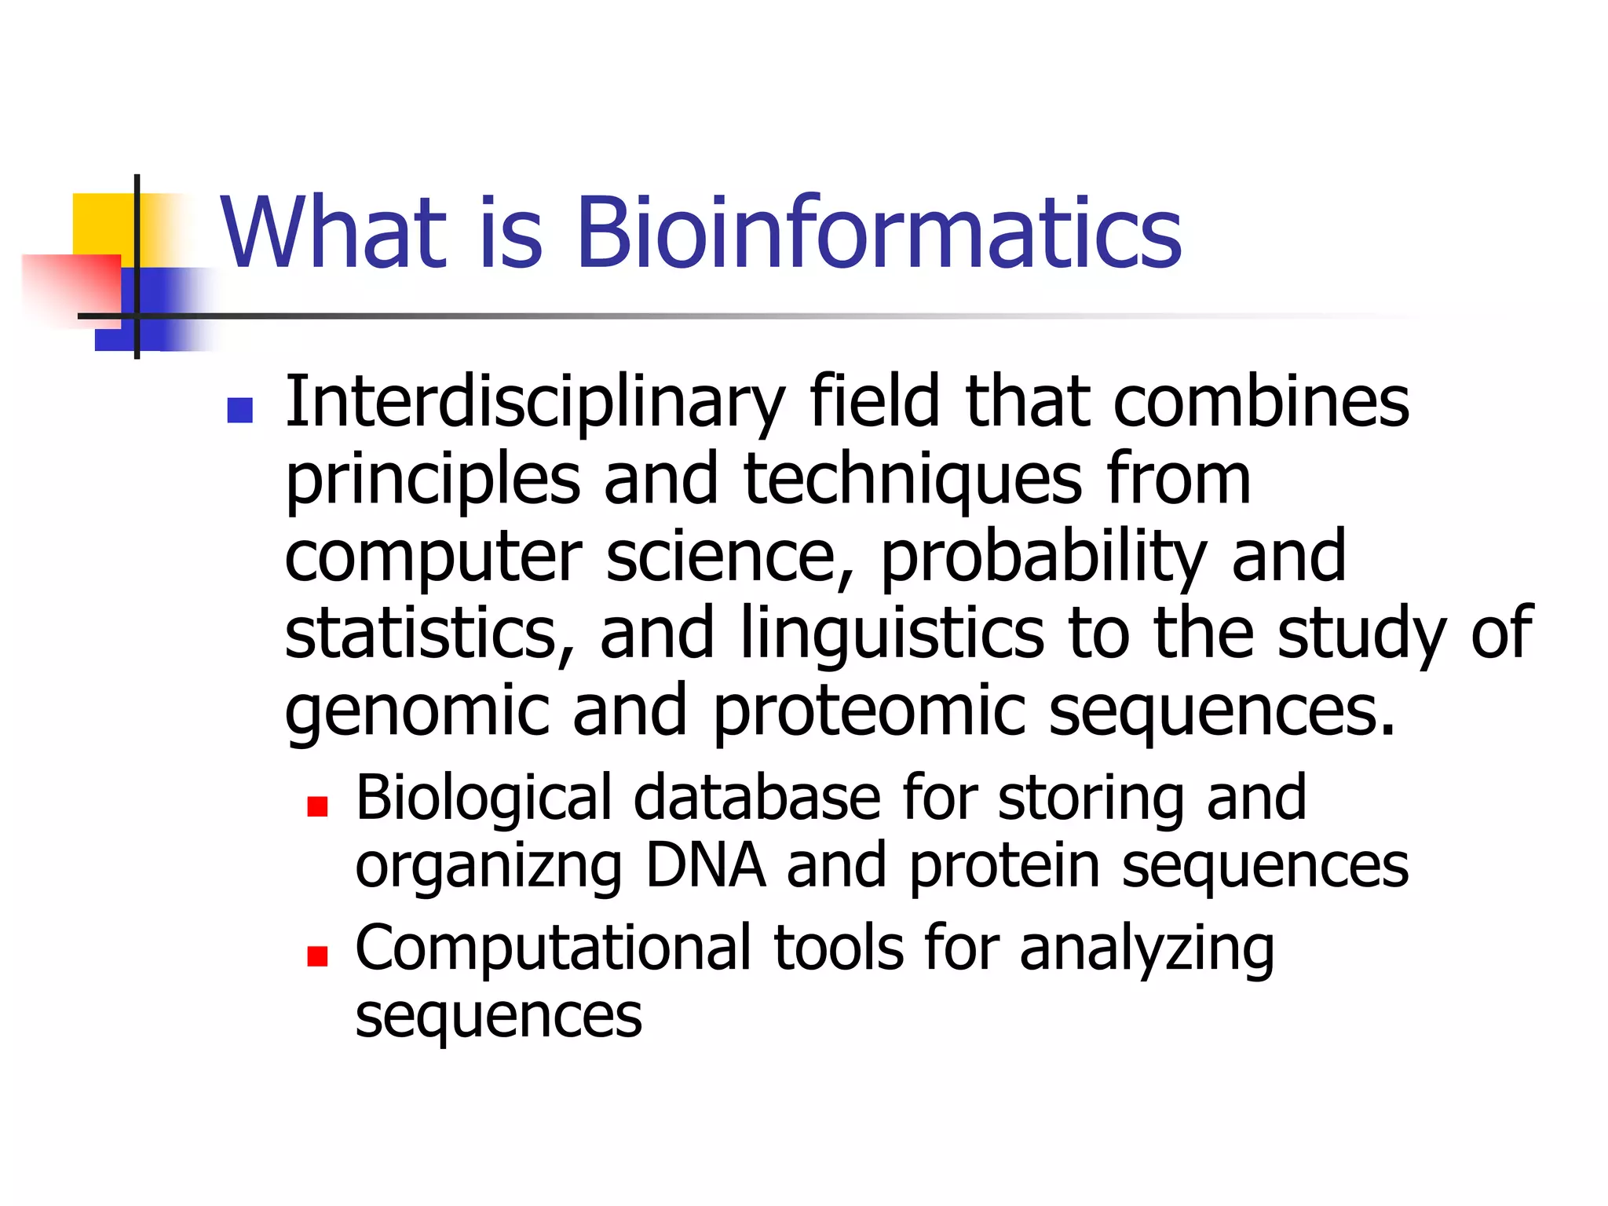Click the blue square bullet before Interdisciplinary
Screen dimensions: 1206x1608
click(x=239, y=411)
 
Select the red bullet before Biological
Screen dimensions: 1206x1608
click(x=317, y=806)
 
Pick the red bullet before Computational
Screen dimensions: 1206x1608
click(x=317, y=956)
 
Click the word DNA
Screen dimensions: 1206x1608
click(x=704, y=865)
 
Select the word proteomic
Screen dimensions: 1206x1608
click(x=868, y=711)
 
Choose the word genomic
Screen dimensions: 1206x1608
click(x=416, y=711)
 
